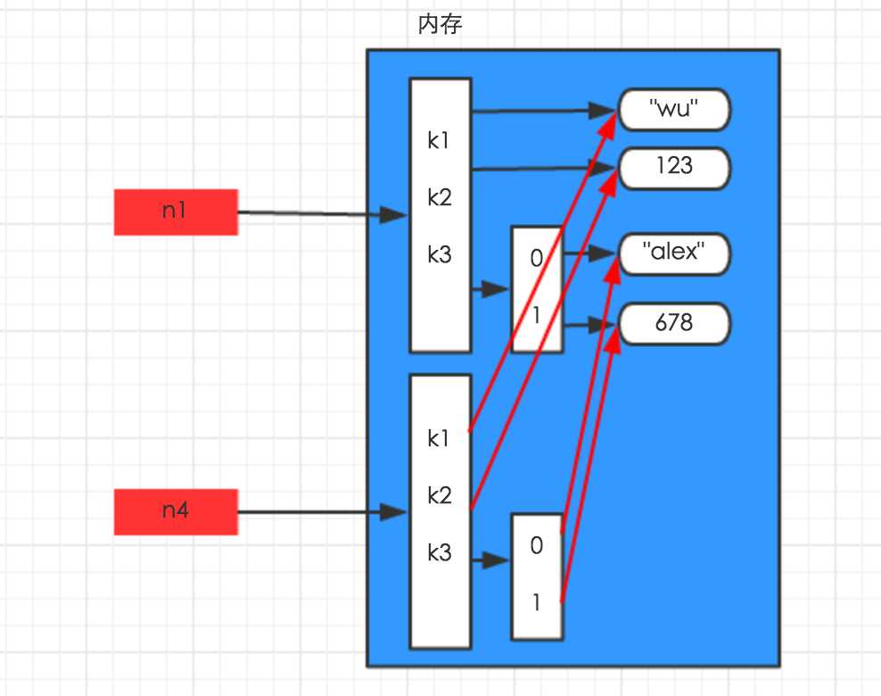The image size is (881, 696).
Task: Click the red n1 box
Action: pyautogui.click(x=176, y=212)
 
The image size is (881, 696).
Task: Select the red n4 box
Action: pyautogui.click(x=176, y=511)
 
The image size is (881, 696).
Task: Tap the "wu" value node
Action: pyautogui.click(x=673, y=111)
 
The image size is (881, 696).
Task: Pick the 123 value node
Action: pyautogui.click(x=673, y=168)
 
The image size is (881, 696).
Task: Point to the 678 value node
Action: pyautogui.click(x=673, y=323)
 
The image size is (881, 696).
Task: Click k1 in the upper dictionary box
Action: pyautogui.click(x=439, y=140)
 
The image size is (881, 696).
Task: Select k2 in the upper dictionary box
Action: pyautogui.click(x=439, y=197)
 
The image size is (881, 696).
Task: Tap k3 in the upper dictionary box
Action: pyautogui.click(x=439, y=254)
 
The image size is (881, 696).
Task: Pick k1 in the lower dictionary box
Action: pyautogui.click(x=439, y=438)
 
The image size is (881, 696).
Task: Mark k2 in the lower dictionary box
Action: pyautogui.click(x=439, y=495)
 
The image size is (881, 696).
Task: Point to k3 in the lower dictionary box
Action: pyautogui.click(x=439, y=552)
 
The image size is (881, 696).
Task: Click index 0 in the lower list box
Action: pyautogui.click(x=536, y=545)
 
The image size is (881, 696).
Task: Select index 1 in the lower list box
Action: pyautogui.click(x=536, y=602)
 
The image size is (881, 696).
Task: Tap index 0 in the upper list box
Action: pyautogui.click(x=536, y=258)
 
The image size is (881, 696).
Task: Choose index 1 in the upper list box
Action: pyautogui.click(x=536, y=315)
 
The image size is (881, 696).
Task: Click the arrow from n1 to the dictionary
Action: pyautogui.click(x=321, y=214)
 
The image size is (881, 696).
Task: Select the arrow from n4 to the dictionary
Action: pyautogui.click(x=321, y=512)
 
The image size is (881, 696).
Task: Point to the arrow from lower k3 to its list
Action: pyautogui.click(x=490, y=560)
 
